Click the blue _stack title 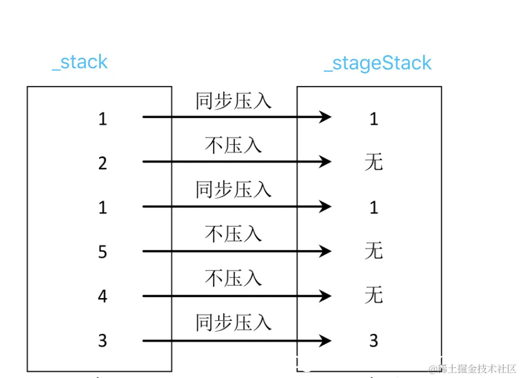click(x=80, y=62)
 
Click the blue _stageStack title click(x=378, y=63)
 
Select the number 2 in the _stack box click(x=102, y=163)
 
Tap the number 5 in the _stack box click(x=102, y=252)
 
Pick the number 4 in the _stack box click(x=102, y=296)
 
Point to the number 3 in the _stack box click(x=102, y=341)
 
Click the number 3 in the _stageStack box click(x=373, y=341)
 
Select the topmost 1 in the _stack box click(x=102, y=118)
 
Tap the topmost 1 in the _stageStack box click(x=373, y=118)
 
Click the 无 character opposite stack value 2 click(x=373, y=162)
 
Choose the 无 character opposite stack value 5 click(x=373, y=251)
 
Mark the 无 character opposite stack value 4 click(x=373, y=296)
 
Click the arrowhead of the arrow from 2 click(x=325, y=161)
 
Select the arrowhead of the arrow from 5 click(x=325, y=251)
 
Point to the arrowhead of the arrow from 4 click(x=325, y=296)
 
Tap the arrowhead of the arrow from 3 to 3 click(x=325, y=341)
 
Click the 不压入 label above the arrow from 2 click(x=233, y=145)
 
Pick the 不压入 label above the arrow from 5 click(x=233, y=235)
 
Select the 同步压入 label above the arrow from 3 click(x=233, y=323)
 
